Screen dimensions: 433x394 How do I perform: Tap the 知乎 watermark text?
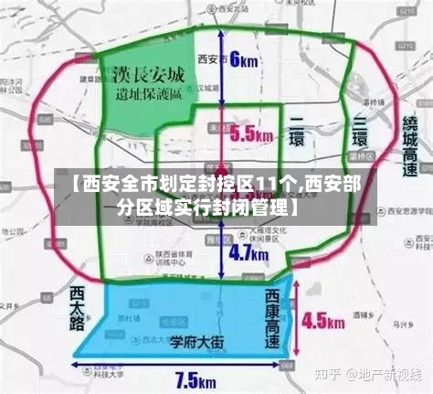(328, 376)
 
